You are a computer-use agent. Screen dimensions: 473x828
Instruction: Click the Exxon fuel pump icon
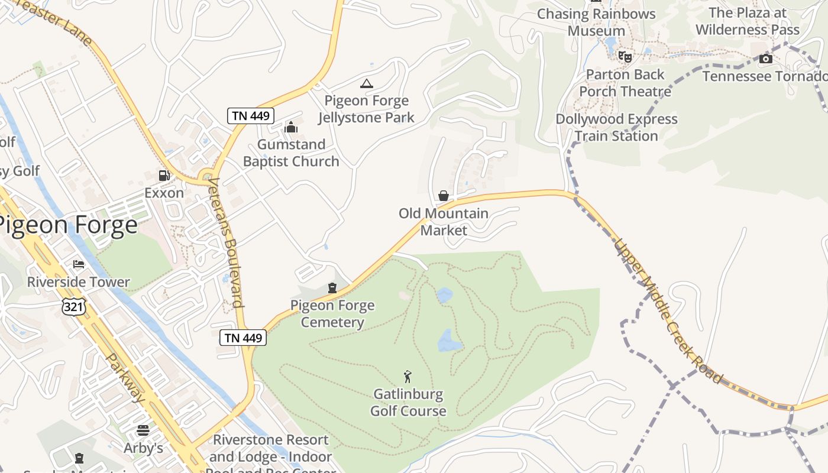(x=164, y=175)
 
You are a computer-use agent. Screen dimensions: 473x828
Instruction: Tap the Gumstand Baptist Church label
(x=291, y=153)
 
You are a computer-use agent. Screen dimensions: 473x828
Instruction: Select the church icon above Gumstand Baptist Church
(x=290, y=127)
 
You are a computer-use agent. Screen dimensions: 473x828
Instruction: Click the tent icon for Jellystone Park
(x=367, y=83)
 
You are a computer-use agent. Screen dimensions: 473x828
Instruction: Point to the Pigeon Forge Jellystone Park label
(x=366, y=109)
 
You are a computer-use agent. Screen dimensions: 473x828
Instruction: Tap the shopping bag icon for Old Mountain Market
(x=443, y=196)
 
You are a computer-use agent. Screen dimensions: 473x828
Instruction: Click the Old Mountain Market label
(x=444, y=222)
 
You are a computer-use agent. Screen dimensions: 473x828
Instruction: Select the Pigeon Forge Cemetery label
(x=332, y=314)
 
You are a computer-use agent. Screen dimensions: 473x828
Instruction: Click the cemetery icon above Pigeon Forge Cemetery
(x=332, y=288)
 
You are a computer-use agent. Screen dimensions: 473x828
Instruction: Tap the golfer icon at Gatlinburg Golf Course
(x=407, y=376)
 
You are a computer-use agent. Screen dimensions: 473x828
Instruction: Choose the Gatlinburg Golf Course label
(x=408, y=402)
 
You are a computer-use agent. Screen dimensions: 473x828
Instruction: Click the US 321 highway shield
(x=74, y=306)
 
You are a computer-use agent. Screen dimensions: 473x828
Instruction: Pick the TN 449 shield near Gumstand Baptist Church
(x=251, y=116)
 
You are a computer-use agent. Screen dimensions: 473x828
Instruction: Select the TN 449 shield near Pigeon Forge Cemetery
(x=243, y=338)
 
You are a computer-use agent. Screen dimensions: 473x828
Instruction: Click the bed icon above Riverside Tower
(x=78, y=264)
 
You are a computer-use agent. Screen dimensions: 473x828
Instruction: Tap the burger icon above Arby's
(x=143, y=430)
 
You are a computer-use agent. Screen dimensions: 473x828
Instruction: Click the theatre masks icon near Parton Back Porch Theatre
(x=625, y=57)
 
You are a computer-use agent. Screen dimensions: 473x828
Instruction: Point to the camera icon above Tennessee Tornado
(x=765, y=59)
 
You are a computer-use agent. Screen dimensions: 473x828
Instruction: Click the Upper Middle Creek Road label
(x=668, y=310)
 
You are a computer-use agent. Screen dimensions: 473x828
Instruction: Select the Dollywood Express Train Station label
(x=616, y=127)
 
